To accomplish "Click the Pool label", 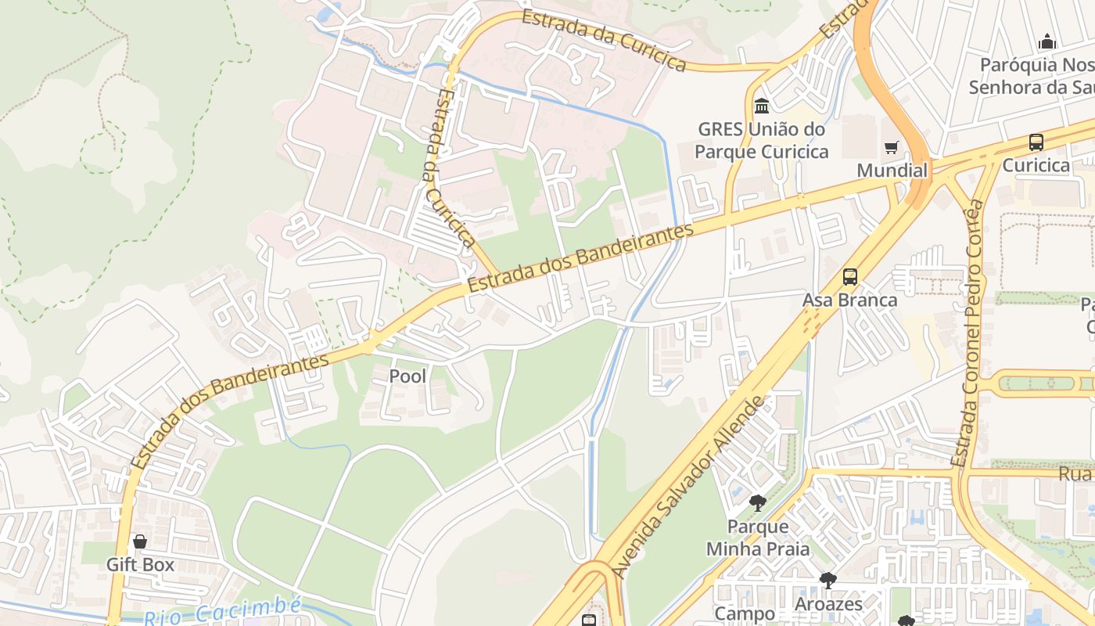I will pos(407,376).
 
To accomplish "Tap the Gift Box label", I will pos(140,564).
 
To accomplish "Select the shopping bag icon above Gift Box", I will pos(140,541).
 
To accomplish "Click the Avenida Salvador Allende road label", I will pos(689,487).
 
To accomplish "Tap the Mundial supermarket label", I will pos(892,171).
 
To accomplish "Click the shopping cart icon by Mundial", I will pos(891,147).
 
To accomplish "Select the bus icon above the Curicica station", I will pos(1036,142).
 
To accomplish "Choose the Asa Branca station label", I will pos(849,300).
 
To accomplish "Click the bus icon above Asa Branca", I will pos(850,277).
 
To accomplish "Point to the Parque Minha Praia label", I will pos(758,538).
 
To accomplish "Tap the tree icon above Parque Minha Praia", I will pos(757,503).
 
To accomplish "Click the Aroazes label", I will pos(828,604).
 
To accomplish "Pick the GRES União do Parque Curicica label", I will pos(761,140).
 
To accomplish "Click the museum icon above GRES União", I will pos(761,106).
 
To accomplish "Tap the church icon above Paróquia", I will pos(1047,42).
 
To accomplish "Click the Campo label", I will pos(745,614).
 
